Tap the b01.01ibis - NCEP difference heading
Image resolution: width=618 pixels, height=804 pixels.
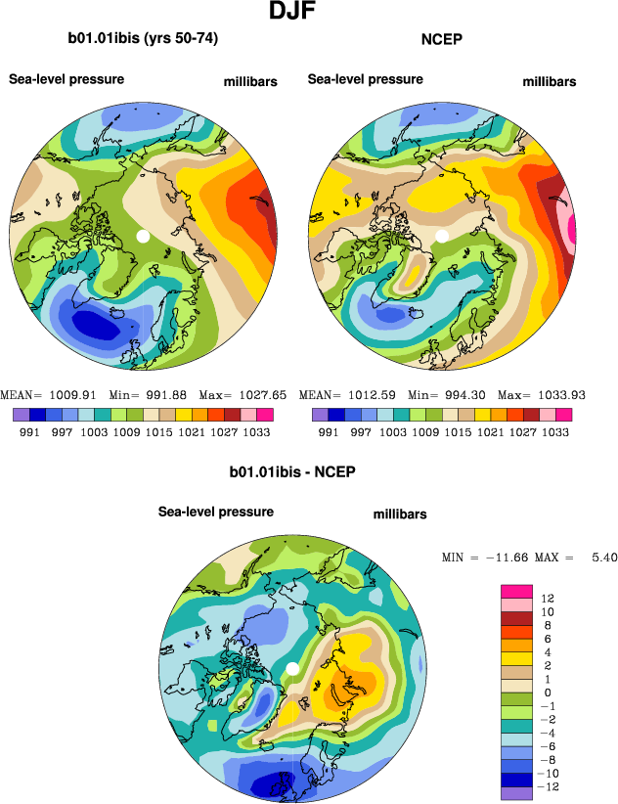point(291,472)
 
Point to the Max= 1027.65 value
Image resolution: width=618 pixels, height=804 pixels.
point(243,395)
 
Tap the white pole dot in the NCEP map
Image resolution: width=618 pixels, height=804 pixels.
point(442,235)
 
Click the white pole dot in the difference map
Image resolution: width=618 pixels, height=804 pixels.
point(291,669)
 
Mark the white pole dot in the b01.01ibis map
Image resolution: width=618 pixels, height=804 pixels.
point(143,237)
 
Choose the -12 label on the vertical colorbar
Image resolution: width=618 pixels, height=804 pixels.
point(547,786)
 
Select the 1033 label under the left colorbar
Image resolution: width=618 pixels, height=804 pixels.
point(256,431)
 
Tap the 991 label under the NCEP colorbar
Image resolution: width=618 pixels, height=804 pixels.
point(331,431)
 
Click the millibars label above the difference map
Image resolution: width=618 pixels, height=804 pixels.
point(400,514)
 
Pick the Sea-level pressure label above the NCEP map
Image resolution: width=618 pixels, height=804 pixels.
point(366,79)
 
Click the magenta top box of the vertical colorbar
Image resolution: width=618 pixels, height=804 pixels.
point(515,590)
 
